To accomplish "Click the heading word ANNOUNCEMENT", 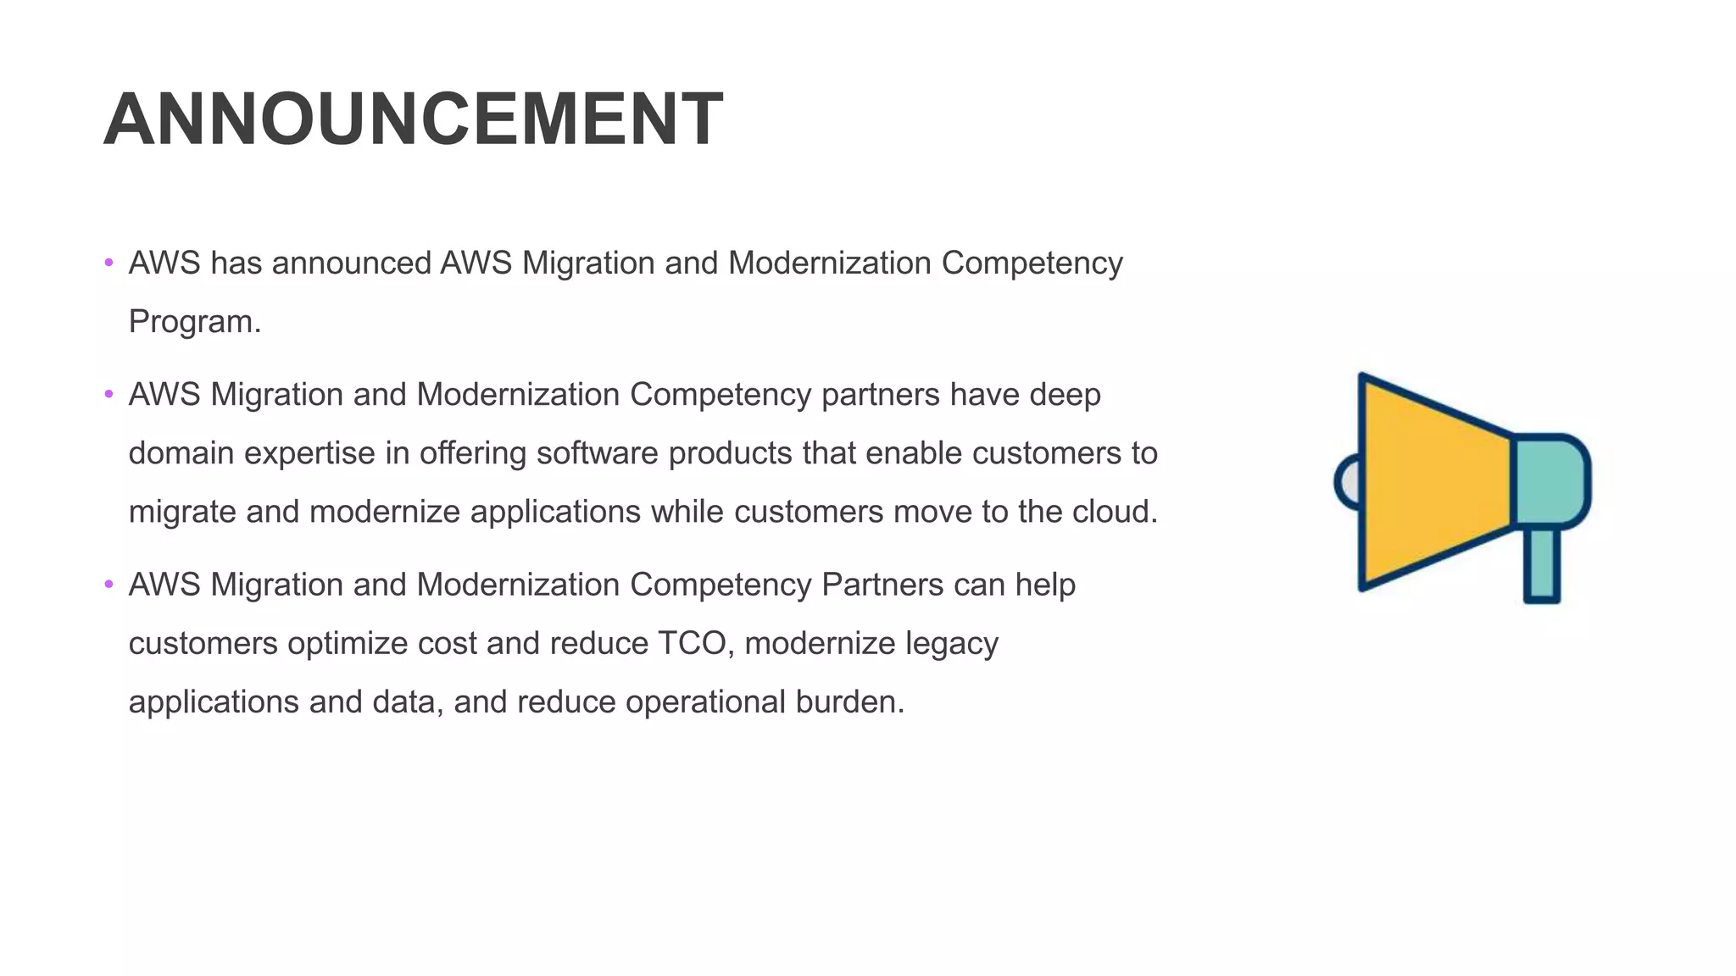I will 413,119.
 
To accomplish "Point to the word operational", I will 705,701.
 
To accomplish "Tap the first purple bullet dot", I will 108,263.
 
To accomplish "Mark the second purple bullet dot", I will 108,394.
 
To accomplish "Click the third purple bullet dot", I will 108,584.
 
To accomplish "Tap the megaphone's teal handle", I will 1542,563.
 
